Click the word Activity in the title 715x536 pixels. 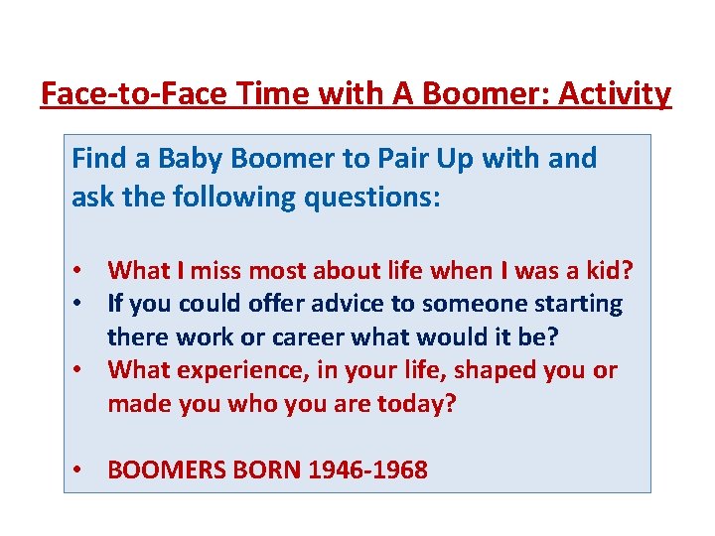click(616, 94)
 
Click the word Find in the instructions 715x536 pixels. click(98, 159)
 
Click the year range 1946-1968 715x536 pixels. click(367, 470)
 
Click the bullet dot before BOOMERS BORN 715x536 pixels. click(77, 470)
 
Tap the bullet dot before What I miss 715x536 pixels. click(77, 270)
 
